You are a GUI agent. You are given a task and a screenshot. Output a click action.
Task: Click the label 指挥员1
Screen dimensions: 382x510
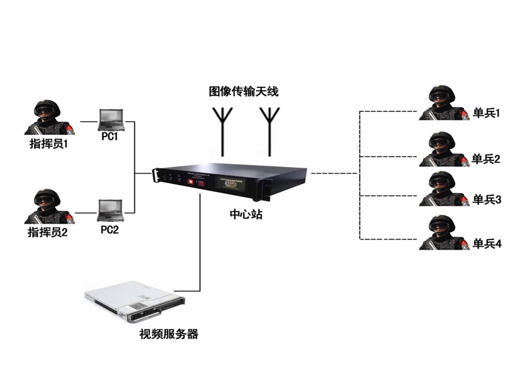49,144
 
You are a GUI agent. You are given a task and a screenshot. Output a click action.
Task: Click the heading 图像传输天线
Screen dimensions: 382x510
243,92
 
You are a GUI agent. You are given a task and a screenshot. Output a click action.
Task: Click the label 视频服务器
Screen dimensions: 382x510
168,334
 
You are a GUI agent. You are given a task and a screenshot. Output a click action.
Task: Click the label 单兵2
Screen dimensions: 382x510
486,158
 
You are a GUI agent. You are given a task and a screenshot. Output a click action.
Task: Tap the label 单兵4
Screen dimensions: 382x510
487,244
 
